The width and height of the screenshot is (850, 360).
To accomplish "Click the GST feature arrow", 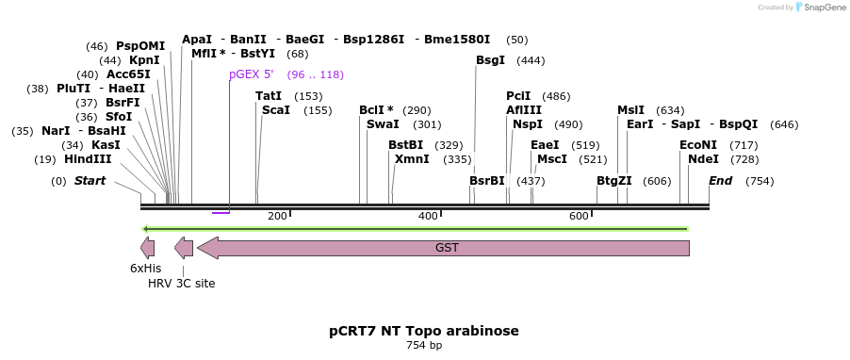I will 443,248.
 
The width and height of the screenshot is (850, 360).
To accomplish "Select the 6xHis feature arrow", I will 148,248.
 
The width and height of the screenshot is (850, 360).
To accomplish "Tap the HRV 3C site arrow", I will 184,248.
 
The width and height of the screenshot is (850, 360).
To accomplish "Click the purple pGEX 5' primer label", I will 251,74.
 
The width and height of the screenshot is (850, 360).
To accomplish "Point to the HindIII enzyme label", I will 88,159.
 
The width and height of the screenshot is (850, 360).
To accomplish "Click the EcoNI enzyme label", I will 698,145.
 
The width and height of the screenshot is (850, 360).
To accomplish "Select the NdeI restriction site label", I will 703,159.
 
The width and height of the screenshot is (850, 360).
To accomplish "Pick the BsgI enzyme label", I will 490,60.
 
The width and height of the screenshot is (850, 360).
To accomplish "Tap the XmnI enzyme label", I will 412,159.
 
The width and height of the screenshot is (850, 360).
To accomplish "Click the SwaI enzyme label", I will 383,124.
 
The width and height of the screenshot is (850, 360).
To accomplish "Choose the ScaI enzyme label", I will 276,110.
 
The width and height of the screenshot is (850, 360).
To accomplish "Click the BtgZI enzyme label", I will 614,181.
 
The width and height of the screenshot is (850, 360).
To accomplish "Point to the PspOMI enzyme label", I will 140,46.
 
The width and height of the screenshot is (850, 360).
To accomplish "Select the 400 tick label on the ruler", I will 428,217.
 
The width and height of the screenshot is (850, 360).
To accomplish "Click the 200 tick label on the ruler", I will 277,217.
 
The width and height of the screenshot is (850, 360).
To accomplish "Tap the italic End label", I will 720,181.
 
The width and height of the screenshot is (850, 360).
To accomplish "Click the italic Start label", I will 90,181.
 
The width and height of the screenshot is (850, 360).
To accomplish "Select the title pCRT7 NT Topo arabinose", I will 424,331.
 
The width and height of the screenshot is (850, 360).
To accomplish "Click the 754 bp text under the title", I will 424,346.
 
